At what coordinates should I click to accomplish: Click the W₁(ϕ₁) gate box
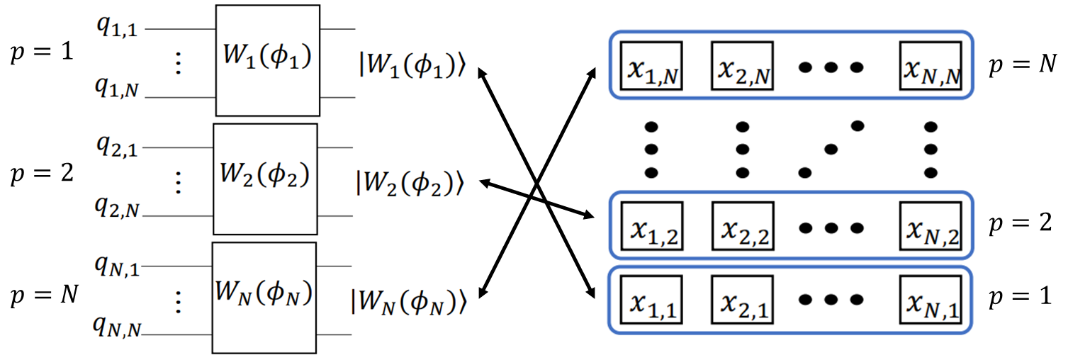click(x=267, y=60)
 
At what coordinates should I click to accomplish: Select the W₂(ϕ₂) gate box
click(x=265, y=179)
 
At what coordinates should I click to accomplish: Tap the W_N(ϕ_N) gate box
click(x=264, y=297)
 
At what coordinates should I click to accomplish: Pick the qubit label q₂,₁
click(x=118, y=147)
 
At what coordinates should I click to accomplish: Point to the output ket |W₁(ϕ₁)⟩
click(x=412, y=67)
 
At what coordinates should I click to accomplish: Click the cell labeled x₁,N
click(x=651, y=67)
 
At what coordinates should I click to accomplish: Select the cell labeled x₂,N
click(x=743, y=67)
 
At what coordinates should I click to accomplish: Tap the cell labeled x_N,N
click(x=931, y=67)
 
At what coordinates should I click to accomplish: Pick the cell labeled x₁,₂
click(x=651, y=226)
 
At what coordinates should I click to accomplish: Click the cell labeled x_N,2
click(x=931, y=226)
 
